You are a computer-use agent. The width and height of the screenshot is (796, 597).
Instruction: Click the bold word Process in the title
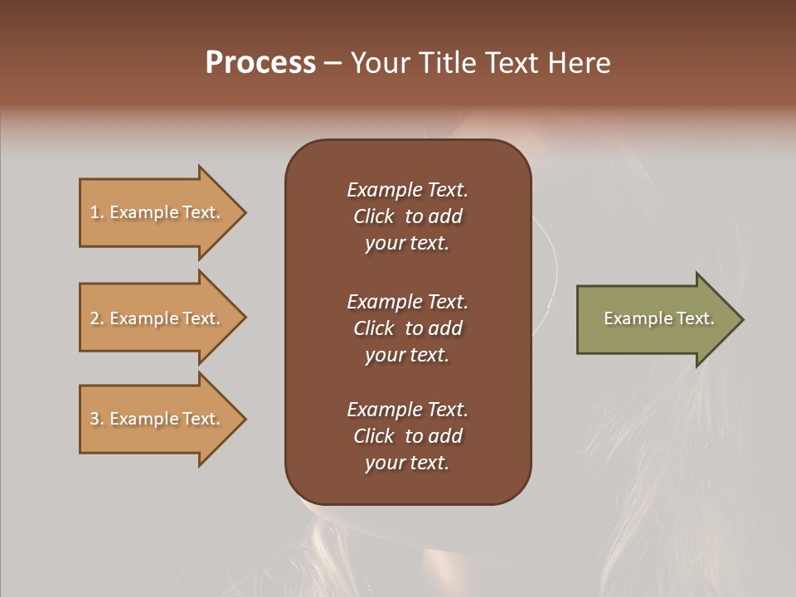point(260,63)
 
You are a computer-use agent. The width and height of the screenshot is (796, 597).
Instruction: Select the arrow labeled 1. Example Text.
point(158,213)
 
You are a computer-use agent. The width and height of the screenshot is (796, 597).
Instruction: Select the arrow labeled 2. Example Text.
point(158,318)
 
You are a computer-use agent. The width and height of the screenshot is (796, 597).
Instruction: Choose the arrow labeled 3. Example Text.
point(158,419)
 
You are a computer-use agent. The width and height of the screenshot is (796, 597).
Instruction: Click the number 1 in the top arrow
point(95,212)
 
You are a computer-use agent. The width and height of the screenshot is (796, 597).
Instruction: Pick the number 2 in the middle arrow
point(95,318)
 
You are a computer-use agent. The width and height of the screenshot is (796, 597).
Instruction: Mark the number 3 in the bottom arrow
point(95,419)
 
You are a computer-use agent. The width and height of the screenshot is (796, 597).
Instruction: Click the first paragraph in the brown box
point(407,216)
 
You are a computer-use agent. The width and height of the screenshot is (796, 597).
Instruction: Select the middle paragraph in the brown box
point(407,328)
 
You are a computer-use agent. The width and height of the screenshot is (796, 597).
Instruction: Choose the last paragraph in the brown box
point(407,436)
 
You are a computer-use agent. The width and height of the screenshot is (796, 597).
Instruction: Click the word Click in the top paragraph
point(374,216)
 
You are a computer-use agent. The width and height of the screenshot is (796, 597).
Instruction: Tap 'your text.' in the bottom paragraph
point(407,463)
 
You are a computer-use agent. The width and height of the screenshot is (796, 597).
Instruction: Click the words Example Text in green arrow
point(659,318)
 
